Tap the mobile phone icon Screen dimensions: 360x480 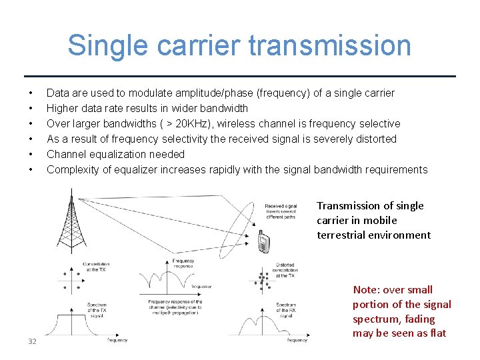click(263, 242)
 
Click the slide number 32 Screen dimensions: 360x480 click(32, 342)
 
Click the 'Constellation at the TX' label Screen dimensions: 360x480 click(96, 267)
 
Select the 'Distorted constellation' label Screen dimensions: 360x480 click(285, 269)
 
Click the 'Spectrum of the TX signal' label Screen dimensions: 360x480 click(96, 309)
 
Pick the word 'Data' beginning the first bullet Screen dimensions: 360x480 click(57, 93)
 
